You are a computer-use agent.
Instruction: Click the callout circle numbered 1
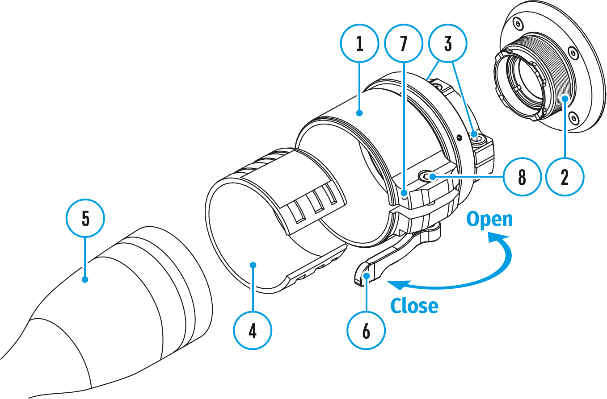(x=359, y=44)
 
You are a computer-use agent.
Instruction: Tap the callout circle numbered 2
(x=565, y=177)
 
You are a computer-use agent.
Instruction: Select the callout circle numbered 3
(x=447, y=44)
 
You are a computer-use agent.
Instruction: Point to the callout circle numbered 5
(x=85, y=219)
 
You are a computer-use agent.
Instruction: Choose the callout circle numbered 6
(x=366, y=332)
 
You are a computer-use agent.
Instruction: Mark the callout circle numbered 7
(x=404, y=44)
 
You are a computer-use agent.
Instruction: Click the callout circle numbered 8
(x=522, y=177)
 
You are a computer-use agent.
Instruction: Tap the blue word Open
(x=489, y=220)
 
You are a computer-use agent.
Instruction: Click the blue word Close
(x=414, y=306)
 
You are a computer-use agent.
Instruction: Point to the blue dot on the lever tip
(x=366, y=276)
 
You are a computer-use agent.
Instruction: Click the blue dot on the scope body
(x=85, y=280)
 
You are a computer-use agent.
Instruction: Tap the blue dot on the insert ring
(x=253, y=265)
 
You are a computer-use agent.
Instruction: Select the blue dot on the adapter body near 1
(x=359, y=114)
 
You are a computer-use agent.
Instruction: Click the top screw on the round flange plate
(x=518, y=23)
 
